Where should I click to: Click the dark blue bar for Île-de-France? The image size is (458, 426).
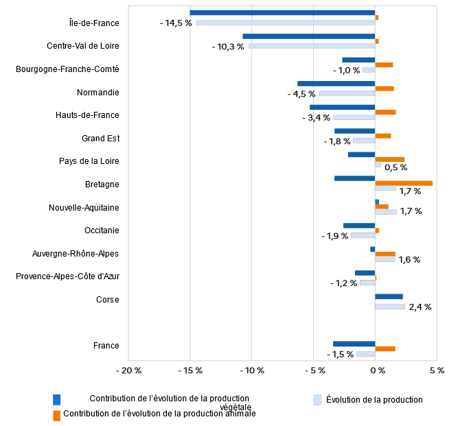tap(282, 12)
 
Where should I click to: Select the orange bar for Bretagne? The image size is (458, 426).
tap(404, 183)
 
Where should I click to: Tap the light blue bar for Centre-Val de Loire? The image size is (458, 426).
tap(312, 46)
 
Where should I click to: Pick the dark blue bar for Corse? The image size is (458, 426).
tap(389, 296)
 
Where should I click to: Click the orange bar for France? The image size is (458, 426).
tap(385, 348)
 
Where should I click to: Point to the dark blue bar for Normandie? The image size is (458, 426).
tap(336, 83)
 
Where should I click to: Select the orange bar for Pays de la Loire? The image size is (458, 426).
tap(389, 159)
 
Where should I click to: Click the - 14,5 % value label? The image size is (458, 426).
tap(176, 23)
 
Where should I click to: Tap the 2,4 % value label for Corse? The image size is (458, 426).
tap(420, 307)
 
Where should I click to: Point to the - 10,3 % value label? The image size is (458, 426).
tap(228, 47)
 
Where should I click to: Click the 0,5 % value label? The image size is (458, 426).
tap(396, 167)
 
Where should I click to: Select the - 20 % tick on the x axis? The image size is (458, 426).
tap(128, 371)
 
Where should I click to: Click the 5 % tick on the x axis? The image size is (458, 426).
tap(436, 371)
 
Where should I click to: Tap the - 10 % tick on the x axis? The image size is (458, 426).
tap(251, 371)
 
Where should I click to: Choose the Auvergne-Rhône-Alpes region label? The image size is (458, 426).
tap(76, 254)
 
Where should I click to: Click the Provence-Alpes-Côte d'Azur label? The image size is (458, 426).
tap(67, 276)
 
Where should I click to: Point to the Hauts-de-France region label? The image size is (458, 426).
tap(87, 115)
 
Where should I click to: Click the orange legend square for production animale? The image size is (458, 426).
tap(57, 414)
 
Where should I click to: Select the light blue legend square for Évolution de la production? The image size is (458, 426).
tap(317, 399)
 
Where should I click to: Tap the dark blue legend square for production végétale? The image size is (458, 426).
tap(57, 399)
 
